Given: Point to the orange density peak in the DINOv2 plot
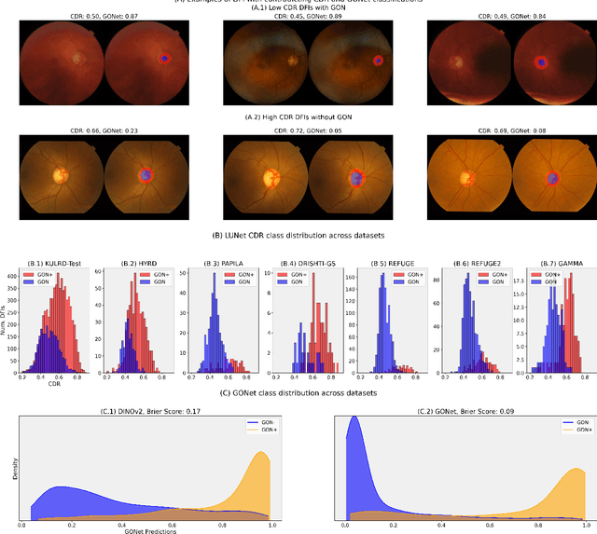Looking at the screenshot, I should (x=260, y=455).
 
